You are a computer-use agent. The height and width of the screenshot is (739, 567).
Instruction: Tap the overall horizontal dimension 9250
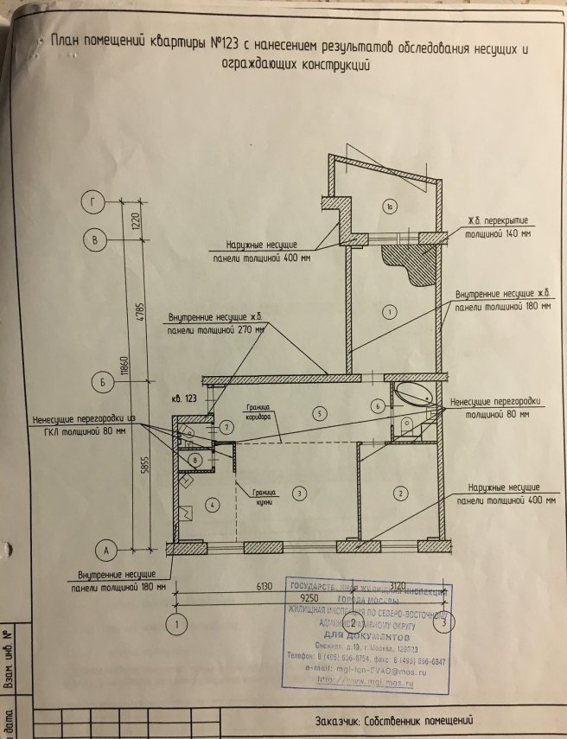310,597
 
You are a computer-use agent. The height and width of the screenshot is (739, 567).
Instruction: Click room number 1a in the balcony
391,207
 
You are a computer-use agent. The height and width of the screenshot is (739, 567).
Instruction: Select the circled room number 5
319,413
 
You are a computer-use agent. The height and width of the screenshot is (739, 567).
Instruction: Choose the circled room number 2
400,494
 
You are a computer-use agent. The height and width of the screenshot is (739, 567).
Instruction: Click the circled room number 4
209,503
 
